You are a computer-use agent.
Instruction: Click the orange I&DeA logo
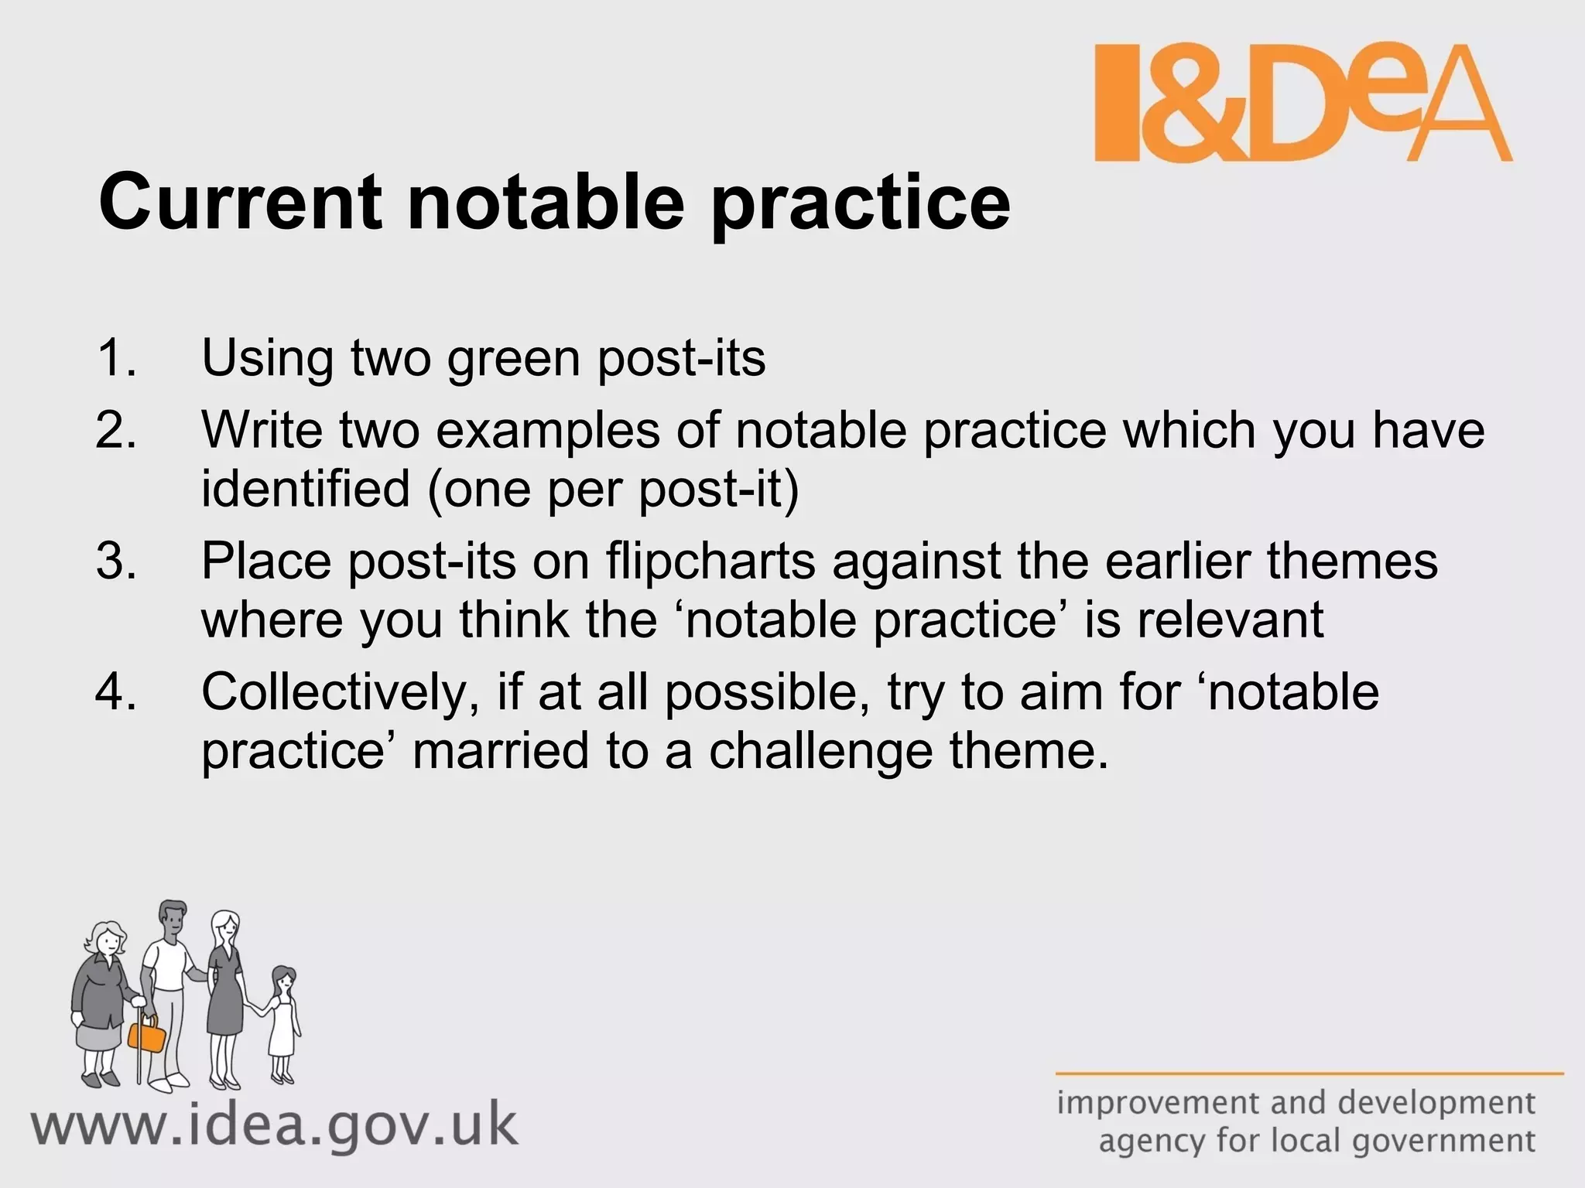[x=1303, y=103]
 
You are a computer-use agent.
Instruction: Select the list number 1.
[x=116, y=359]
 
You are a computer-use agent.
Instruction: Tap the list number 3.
[x=116, y=562]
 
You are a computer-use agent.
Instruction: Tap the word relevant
[x=1230, y=620]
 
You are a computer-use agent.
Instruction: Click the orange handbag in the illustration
[x=147, y=1033]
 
